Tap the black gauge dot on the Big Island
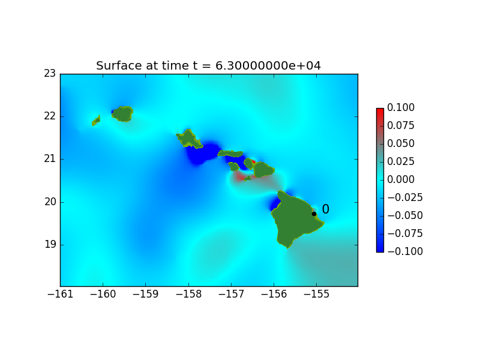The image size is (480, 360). tap(314, 214)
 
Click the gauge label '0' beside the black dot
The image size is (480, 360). tap(326, 209)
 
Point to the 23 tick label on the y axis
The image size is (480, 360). tap(50, 73)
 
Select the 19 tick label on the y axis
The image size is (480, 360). tap(50, 245)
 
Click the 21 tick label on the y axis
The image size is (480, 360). tap(50, 159)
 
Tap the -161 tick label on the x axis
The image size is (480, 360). tap(61, 294)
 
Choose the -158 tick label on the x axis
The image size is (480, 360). tap(188, 294)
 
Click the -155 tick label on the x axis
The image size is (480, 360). tap(317, 294)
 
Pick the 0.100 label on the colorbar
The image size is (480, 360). tap(401, 107)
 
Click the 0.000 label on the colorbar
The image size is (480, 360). tap(401, 179)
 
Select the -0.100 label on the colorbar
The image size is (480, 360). tap(405, 251)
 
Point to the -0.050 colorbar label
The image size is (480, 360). tap(405, 215)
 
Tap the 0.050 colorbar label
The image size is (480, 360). tap(401, 143)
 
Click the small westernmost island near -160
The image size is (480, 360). tap(96, 121)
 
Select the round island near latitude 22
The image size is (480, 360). tap(122, 114)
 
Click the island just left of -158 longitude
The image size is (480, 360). tap(189, 139)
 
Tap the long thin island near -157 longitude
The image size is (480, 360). tap(230, 154)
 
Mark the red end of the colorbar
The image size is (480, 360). tap(380, 110)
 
